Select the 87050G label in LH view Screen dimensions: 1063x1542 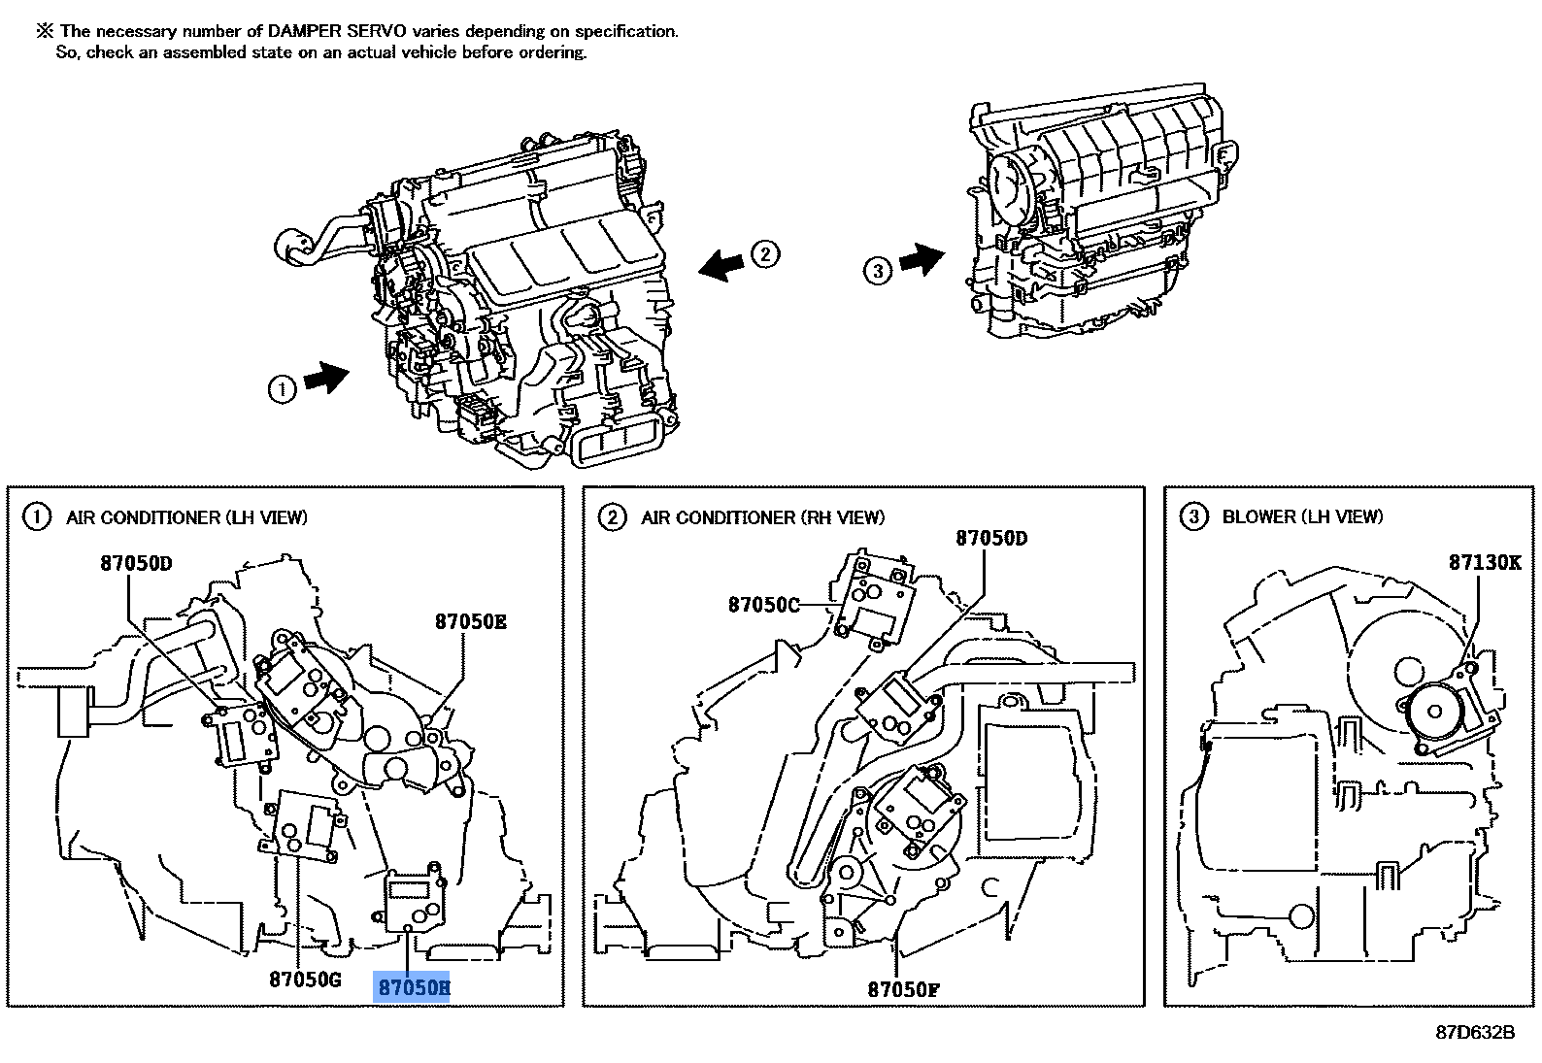305,980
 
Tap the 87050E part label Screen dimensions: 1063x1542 470,622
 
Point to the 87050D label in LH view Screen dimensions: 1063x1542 136,563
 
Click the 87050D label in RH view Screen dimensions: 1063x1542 990,538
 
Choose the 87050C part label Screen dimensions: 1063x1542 764,605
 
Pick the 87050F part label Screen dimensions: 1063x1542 903,989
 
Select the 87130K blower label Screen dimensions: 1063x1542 1485,562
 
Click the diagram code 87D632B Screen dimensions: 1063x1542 1475,1032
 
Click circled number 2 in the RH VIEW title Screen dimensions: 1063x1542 612,517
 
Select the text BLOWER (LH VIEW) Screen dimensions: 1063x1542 1302,516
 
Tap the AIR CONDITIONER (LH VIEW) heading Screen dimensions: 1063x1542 186,517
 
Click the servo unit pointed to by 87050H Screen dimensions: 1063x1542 415,898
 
